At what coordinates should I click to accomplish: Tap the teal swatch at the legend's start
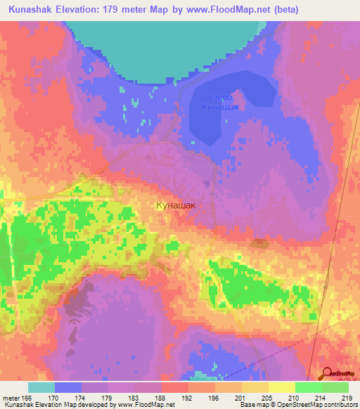[x=41, y=387]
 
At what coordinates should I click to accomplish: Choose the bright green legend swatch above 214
[x=308, y=387]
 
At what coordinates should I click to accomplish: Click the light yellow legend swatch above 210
[x=281, y=387]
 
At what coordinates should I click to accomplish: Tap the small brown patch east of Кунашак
[x=260, y=243]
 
